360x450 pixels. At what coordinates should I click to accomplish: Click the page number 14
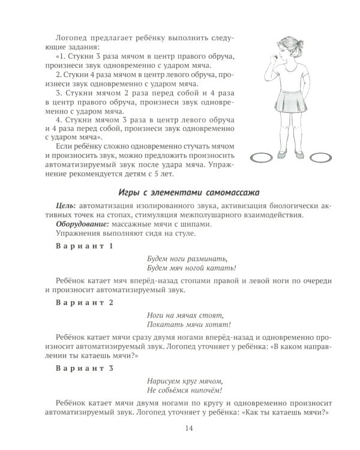(189, 428)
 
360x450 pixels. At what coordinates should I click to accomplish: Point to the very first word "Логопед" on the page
(72, 37)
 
